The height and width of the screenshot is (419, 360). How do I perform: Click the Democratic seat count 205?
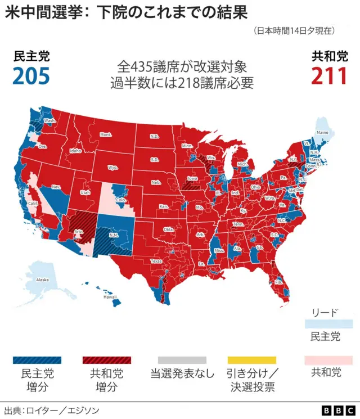pyautogui.click(x=31, y=76)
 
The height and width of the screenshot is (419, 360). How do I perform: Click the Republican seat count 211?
pyautogui.click(x=329, y=76)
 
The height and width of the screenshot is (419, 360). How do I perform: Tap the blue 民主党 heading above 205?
pyautogui.click(x=31, y=57)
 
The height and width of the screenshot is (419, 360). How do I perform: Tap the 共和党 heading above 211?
pyautogui.click(x=330, y=57)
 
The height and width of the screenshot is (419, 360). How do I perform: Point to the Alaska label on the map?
pyautogui.click(x=42, y=280)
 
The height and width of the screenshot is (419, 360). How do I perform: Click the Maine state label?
pyautogui.click(x=322, y=133)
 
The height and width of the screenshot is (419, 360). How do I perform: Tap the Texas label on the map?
pyautogui.click(x=156, y=261)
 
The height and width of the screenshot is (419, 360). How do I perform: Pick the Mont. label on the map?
pyautogui.click(x=106, y=135)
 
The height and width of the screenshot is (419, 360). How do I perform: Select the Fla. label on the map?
pyautogui.click(x=278, y=282)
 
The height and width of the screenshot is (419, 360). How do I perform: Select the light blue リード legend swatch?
pyautogui.click(x=328, y=325)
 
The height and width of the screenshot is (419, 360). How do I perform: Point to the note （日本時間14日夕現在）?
pyautogui.click(x=294, y=30)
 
